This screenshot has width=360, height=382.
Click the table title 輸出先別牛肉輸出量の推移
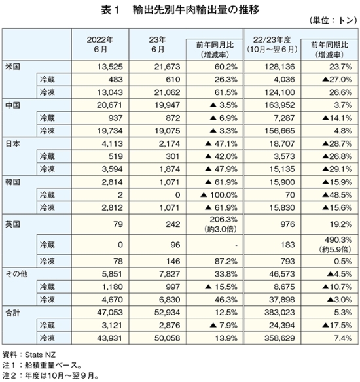[196, 10]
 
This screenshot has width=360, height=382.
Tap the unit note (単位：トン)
[333, 20]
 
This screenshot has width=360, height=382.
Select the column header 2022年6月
[100, 44]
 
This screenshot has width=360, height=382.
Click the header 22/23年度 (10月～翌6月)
[272, 44]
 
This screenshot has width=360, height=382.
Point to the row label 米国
[12, 67]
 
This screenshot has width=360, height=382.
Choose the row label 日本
[12, 143]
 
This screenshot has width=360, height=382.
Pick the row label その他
[16, 274]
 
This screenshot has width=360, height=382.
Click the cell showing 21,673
[167, 67]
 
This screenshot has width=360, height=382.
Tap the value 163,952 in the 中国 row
[279, 105]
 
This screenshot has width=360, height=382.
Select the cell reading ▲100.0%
[219, 195]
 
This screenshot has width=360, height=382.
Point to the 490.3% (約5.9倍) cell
[335, 245]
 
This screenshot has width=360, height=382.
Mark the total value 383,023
[279, 312]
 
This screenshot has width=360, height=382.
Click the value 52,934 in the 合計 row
[167, 312]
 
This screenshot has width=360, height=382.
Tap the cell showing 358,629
[279, 338]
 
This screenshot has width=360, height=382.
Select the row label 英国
[12, 224]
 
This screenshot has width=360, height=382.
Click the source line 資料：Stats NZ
[29, 355]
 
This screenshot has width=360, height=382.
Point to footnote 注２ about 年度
[50, 375]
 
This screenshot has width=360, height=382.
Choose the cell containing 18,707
[282, 143]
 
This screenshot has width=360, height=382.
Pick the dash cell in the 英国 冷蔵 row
[236, 245]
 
